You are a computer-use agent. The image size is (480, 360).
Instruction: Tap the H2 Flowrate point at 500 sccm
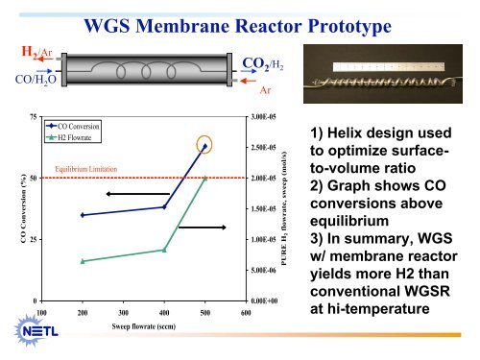tap(204, 178)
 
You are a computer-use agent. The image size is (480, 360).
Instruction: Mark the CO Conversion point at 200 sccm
tap(83, 215)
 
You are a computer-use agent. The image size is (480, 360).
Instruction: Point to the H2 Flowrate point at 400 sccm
tap(164, 250)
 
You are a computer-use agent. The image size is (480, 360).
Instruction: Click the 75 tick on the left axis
tap(34, 116)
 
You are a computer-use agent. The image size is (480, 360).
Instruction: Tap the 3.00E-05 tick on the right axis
tap(263, 116)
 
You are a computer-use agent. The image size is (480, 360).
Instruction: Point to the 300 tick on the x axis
tap(123, 313)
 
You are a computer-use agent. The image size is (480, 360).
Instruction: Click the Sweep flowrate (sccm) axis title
tap(144, 328)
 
